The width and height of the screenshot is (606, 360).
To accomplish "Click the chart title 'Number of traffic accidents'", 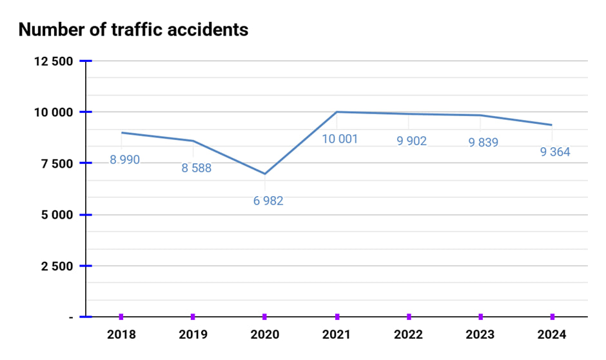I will [133, 29].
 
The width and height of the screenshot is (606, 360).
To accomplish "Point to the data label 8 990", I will [124, 159].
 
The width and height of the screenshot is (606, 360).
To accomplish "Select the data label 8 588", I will [196, 168].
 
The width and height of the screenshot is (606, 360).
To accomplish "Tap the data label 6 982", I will [268, 201].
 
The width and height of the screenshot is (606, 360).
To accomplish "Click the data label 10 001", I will [340, 139].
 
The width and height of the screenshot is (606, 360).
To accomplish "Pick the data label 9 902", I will [411, 141].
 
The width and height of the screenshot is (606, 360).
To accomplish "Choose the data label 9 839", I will [483, 142].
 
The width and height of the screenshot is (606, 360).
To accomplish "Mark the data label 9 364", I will [554, 152].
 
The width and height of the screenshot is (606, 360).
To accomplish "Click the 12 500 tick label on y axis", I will [54, 61].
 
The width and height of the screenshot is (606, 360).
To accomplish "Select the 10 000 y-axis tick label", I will [54, 112].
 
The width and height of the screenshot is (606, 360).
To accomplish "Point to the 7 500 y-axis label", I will [57, 163].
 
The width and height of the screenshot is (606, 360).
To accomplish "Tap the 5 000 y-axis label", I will [57, 215].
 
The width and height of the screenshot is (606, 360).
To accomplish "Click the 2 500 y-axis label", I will [57, 266].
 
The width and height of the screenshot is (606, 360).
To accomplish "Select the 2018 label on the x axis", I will [121, 335].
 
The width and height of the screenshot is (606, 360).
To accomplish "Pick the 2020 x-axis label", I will [265, 335].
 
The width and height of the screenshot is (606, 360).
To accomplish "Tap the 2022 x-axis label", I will [409, 335].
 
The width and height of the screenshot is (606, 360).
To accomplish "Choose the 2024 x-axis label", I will [552, 335].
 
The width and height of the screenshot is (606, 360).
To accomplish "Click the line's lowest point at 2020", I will [265, 174].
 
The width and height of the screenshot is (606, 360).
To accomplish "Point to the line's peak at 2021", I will [337, 112].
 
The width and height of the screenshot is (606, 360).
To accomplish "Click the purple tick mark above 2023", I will [481, 317].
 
